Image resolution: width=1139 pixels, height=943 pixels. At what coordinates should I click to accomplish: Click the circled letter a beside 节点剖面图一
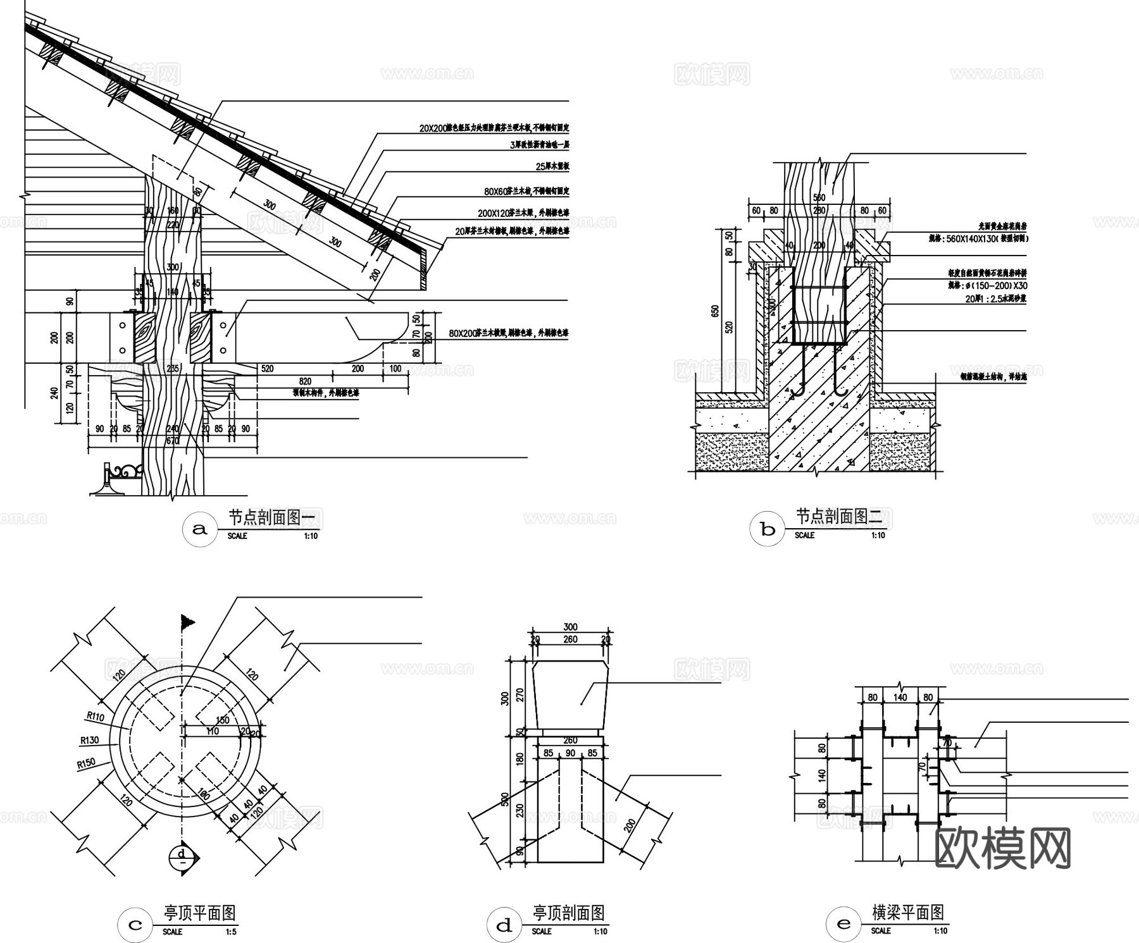(199, 529)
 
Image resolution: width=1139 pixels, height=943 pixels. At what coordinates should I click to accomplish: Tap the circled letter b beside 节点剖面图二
(768, 529)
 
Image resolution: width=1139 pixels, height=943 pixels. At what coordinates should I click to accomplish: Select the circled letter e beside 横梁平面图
(843, 925)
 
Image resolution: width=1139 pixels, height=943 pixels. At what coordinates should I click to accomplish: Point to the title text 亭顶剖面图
(569, 913)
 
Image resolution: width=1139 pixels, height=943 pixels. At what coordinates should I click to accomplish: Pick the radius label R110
(95, 717)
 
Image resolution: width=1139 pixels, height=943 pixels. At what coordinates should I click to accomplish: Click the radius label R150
(86, 763)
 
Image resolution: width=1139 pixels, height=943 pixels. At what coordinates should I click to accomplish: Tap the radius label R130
(89, 740)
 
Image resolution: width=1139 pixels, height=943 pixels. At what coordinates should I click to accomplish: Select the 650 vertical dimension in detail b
(715, 311)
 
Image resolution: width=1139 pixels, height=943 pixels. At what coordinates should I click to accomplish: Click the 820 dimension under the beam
(305, 381)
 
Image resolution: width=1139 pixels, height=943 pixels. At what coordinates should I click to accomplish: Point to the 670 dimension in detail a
(172, 441)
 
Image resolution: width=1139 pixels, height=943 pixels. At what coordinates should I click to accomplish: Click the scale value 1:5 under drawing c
(232, 932)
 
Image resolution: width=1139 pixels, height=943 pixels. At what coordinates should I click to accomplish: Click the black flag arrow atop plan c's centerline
(187, 622)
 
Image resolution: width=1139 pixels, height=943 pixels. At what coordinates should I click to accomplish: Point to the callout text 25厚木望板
(552, 167)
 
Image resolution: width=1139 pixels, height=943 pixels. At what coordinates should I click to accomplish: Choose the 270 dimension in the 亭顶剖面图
(521, 696)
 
